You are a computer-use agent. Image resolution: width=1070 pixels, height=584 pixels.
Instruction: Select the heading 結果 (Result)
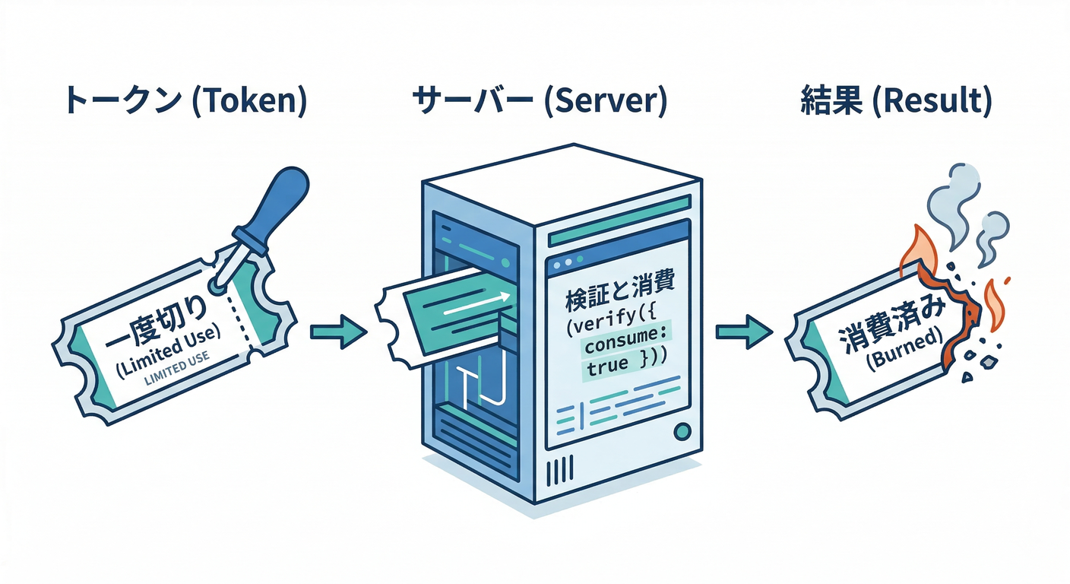(x=896, y=102)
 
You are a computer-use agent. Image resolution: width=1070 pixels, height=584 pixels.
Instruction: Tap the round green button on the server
(x=682, y=432)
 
